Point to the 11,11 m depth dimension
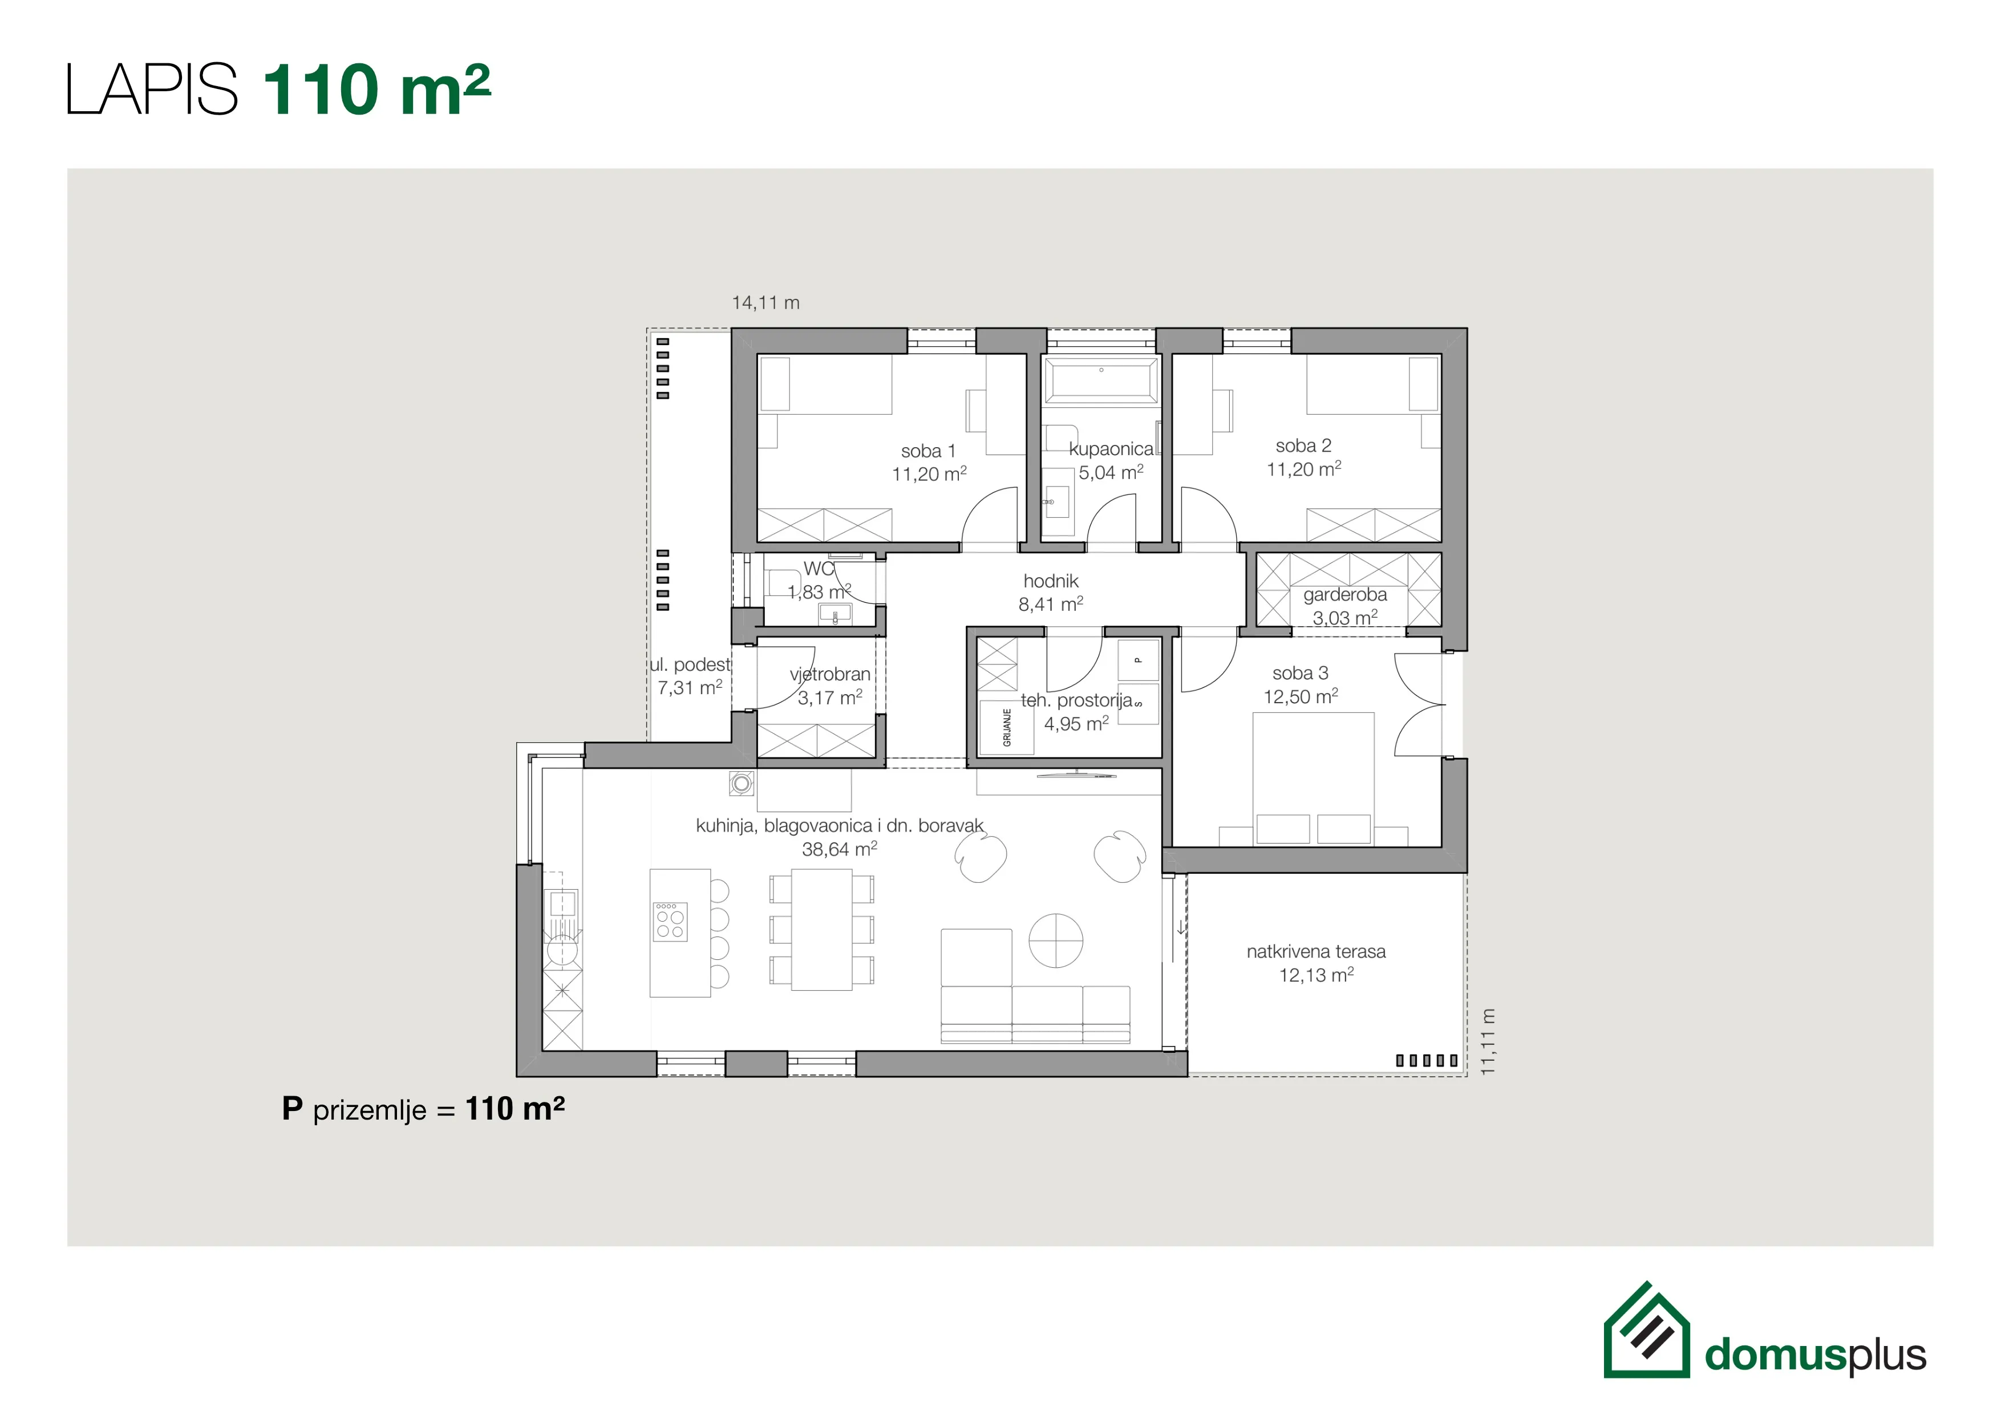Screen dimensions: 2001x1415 point(1488,1041)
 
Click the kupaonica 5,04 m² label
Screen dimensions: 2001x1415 point(1111,461)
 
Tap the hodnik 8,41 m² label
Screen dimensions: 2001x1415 point(1051,593)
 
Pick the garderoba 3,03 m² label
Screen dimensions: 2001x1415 point(1345,606)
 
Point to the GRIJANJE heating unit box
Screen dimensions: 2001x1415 point(1007,727)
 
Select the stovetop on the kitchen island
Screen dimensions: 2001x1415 point(670,921)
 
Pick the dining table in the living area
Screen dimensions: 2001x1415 point(821,930)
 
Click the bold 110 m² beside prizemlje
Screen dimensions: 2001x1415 point(515,1109)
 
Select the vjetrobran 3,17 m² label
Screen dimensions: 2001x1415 point(830,686)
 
